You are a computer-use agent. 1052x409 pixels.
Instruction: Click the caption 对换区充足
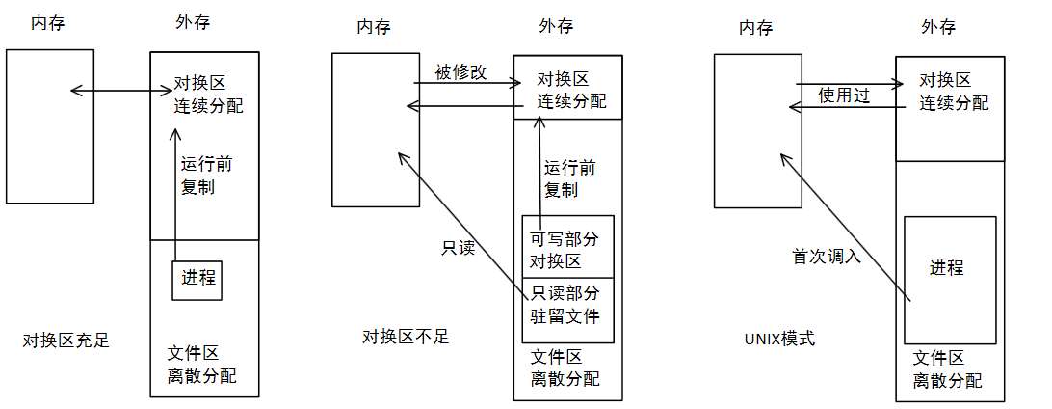[66, 341]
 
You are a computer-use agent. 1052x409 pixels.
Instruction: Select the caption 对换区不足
[406, 337]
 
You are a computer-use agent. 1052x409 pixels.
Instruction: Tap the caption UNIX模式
[779, 339]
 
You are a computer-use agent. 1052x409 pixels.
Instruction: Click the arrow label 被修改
[460, 71]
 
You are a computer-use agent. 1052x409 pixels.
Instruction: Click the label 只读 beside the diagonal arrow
[459, 248]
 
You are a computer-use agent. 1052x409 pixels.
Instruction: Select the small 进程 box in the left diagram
[197, 280]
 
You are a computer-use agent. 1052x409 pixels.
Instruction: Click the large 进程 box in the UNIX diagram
[949, 280]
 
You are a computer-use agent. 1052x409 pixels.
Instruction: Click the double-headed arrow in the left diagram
[120, 92]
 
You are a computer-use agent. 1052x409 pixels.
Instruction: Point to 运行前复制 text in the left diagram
[205, 175]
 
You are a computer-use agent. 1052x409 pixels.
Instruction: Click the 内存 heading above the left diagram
[49, 21]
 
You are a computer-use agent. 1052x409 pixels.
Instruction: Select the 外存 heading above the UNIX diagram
[938, 26]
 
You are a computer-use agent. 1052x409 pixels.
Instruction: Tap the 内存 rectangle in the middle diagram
[376, 129]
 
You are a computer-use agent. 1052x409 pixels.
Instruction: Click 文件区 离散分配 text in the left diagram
[201, 364]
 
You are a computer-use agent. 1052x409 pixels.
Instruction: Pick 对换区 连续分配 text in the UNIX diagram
[953, 91]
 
